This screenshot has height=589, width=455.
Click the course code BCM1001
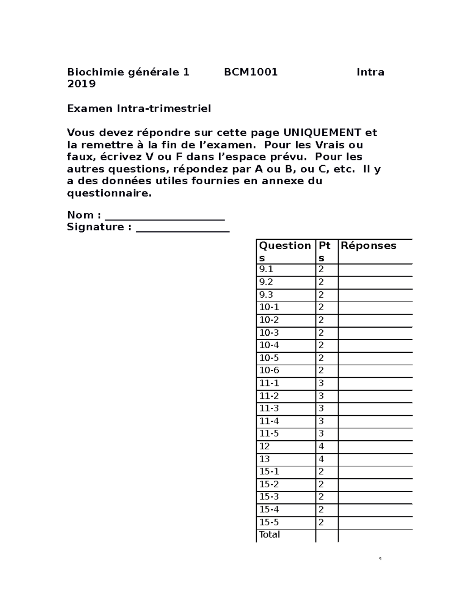click(x=251, y=72)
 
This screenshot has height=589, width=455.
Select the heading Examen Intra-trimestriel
click(x=139, y=108)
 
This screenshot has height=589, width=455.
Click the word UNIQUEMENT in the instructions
click(x=322, y=133)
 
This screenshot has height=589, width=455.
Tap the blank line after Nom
click(x=165, y=216)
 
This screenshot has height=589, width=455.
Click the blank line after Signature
click(x=182, y=228)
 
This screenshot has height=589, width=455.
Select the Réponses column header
click(x=368, y=246)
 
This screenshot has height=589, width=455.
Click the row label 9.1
click(x=266, y=270)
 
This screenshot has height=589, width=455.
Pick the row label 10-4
click(x=269, y=346)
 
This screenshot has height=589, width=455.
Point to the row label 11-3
click(x=269, y=408)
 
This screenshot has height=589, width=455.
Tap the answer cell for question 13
click(x=375, y=459)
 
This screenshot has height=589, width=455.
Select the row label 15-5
click(x=269, y=522)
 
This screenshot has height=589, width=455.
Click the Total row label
click(x=269, y=535)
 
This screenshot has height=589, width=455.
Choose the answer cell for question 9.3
click(x=375, y=295)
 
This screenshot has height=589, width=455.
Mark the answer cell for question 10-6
click(x=375, y=371)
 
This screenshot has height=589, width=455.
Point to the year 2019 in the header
click(x=81, y=84)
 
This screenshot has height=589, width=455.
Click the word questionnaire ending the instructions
click(x=109, y=193)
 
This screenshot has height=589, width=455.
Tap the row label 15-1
click(x=269, y=471)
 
